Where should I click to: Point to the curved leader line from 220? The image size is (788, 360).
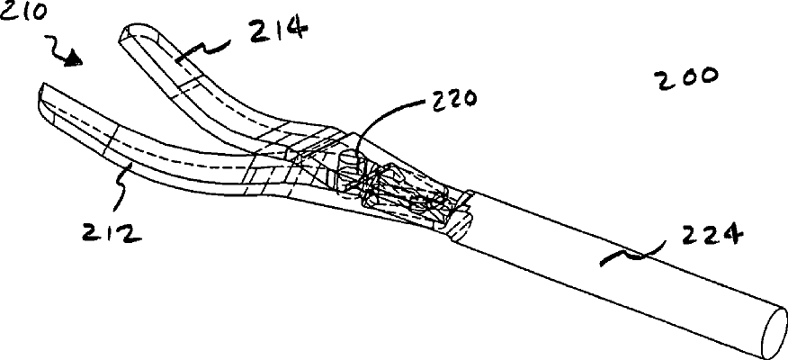pyautogui.click(x=378, y=121)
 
